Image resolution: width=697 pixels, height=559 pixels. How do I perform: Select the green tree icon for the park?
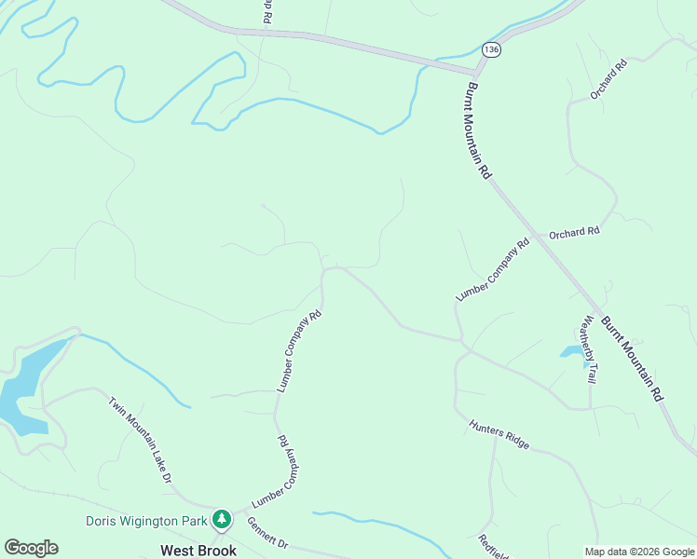[x=222, y=518]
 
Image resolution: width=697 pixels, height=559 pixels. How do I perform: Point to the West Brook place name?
[x=198, y=550]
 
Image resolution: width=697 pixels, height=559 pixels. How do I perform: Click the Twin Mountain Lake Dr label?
[x=141, y=441]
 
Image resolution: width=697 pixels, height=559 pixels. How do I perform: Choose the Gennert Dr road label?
[x=268, y=534]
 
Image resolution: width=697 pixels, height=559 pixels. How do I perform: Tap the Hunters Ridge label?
[x=499, y=434]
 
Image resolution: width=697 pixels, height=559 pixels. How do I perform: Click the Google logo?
[x=31, y=548]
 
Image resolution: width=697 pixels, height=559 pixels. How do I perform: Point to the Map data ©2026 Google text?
[x=638, y=552]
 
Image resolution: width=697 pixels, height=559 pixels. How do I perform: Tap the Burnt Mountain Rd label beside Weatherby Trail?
[x=632, y=359]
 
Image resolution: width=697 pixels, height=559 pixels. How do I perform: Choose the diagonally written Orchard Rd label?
[x=609, y=79]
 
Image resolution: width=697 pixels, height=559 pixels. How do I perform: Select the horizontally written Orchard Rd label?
[x=574, y=233]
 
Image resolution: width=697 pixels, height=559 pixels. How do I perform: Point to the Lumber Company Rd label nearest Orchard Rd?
[x=493, y=270]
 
